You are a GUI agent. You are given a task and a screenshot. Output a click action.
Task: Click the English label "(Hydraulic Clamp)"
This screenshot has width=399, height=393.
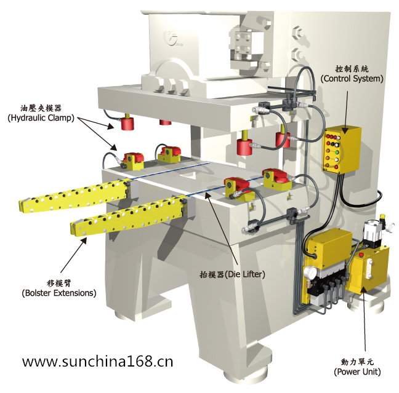pyautogui.click(x=41, y=118)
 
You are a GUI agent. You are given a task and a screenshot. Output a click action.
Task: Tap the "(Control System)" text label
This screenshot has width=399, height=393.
pyautogui.click(x=352, y=79)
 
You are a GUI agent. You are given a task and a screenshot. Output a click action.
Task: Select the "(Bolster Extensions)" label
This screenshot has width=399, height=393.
pyautogui.click(x=59, y=293)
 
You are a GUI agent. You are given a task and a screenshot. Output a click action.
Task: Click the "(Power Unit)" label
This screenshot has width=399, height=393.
pyautogui.click(x=357, y=372)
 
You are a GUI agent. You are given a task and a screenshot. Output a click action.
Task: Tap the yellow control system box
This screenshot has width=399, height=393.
pyautogui.click(x=342, y=150)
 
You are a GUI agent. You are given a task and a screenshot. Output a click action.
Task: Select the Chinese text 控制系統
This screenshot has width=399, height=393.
pyautogui.click(x=352, y=69)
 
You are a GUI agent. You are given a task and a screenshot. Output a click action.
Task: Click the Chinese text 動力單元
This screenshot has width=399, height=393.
pyautogui.click(x=357, y=362)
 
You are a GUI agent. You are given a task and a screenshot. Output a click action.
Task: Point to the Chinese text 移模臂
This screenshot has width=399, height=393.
pyautogui.click(x=59, y=283)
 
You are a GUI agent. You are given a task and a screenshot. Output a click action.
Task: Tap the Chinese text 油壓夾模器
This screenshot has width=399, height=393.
pyautogui.click(x=41, y=108)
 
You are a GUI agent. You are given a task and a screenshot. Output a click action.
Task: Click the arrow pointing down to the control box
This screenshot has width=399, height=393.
pyautogui.click(x=346, y=113)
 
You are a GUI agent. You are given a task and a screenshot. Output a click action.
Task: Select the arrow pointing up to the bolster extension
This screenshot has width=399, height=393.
pyautogui.click(x=73, y=255)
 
